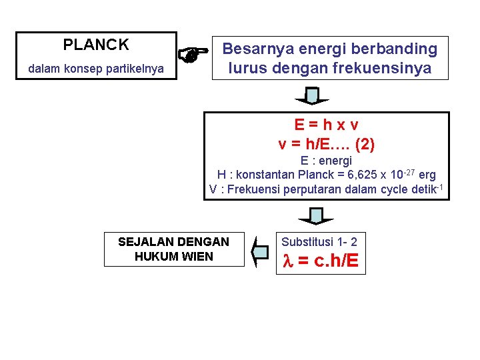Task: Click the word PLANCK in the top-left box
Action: (96, 45)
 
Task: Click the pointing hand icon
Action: (192, 56)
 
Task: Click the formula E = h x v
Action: (327, 125)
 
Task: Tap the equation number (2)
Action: (369, 143)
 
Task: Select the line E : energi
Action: (326, 161)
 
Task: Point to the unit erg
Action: (427, 175)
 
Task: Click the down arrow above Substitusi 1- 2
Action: (316, 217)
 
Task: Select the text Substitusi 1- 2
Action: (319, 241)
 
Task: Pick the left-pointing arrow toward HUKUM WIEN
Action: (259, 251)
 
